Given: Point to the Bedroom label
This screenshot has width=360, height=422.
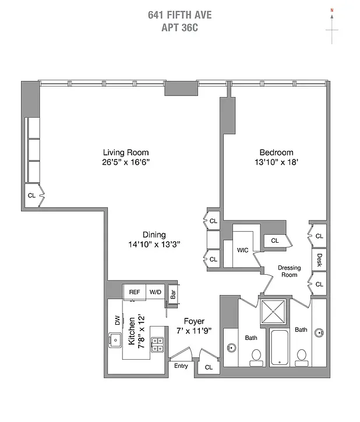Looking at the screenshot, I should pyautogui.click(x=276, y=153).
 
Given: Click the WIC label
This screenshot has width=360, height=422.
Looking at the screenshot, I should pyautogui.click(x=243, y=250).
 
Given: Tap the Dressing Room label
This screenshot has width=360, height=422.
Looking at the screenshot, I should pyautogui.click(x=289, y=271).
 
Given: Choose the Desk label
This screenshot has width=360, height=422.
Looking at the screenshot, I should pyautogui.click(x=320, y=258).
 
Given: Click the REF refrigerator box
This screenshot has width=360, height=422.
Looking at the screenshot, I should pyautogui.click(x=135, y=292).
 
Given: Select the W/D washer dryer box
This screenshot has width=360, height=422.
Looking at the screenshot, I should pyautogui.click(x=155, y=292).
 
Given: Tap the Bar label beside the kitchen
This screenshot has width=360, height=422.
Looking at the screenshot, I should pyautogui.click(x=173, y=294).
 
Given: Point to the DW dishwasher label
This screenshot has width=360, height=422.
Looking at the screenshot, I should pyautogui.click(x=117, y=320).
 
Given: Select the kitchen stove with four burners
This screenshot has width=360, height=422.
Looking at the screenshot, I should pyautogui.click(x=157, y=345).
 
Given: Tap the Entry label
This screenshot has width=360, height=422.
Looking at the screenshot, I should pyautogui.click(x=181, y=366).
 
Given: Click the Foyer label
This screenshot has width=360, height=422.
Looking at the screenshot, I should pyautogui.click(x=194, y=321).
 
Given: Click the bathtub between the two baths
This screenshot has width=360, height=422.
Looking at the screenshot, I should pyautogui.click(x=281, y=348).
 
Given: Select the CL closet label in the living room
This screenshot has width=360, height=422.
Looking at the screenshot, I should pyautogui.click(x=31, y=196).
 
